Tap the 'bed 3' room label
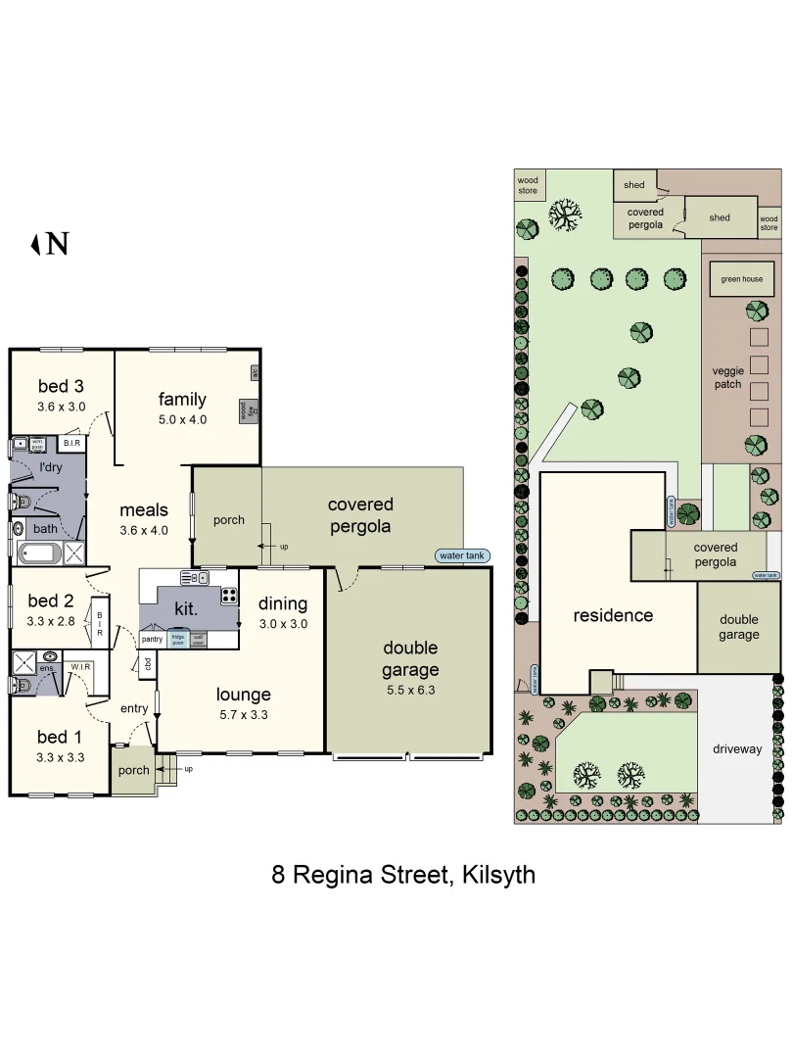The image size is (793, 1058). click(x=62, y=385)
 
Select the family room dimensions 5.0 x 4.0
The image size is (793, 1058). click(x=182, y=419)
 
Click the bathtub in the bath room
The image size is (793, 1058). click(x=40, y=555)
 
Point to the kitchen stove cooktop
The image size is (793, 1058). click(x=228, y=595)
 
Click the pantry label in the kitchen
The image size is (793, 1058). click(x=152, y=639)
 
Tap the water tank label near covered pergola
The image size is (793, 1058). click(x=462, y=555)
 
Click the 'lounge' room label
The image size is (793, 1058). click(x=244, y=695)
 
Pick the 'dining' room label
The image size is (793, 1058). click(x=283, y=603)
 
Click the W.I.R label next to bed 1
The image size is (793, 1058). click(x=80, y=667)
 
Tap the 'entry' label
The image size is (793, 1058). click(x=134, y=708)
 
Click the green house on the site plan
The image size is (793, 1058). click(x=741, y=279)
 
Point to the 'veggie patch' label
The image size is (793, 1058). click(x=727, y=377)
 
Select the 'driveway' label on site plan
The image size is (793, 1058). click(x=737, y=749)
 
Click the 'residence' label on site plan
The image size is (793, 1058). click(x=613, y=615)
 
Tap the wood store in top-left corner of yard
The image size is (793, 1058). click(x=528, y=185)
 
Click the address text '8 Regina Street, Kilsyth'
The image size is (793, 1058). click(x=403, y=874)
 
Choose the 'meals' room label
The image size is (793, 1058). click(x=144, y=509)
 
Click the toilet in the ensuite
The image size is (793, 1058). click(x=22, y=683)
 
